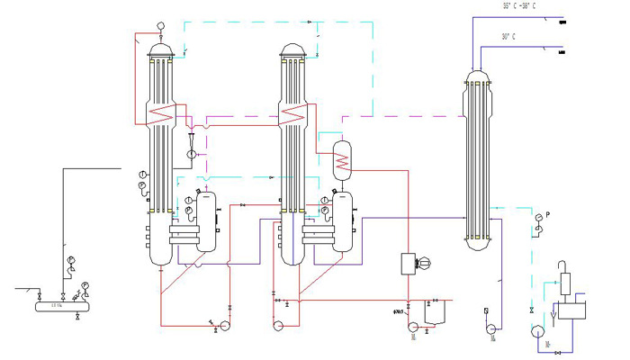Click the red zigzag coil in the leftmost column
163,114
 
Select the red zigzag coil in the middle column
294,114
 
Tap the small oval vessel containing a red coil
341,158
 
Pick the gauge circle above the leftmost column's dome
160,25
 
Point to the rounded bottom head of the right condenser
478,244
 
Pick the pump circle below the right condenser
492,329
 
